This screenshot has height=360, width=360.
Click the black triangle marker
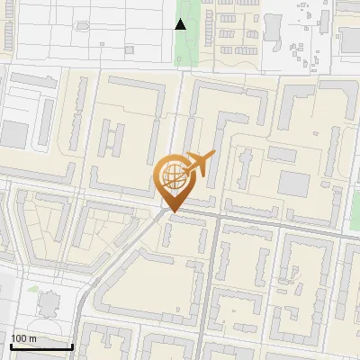[x=181, y=24]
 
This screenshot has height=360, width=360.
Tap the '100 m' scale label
[x=23, y=337]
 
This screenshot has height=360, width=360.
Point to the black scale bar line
[x=40, y=346]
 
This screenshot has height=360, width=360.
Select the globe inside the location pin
[x=172, y=175]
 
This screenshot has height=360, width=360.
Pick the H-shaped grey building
[x=112, y=140]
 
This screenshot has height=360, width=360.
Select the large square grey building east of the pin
[x=292, y=184]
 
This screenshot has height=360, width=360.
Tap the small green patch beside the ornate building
[x=33, y=290]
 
